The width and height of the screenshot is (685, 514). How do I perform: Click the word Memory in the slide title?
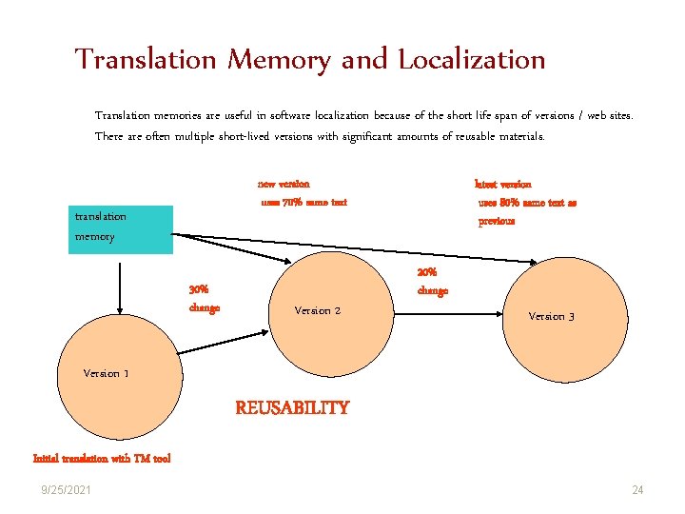pos(278,60)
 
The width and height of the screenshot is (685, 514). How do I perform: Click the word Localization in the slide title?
pos(471,60)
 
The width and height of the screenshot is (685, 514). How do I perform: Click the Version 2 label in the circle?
pos(318,310)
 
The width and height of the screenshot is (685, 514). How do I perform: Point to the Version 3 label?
pos(551,316)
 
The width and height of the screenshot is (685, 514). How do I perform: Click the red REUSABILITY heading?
pos(292,408)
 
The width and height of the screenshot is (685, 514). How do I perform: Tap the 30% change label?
pos(204,298)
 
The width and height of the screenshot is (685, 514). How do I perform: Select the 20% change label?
pos(432,282)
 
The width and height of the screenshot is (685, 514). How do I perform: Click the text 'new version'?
pos(284,184)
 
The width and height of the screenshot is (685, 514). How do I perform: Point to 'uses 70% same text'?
pos(304,202)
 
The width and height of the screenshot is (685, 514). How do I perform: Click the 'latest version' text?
pos(502,184)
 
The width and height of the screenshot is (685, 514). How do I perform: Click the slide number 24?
pos(637,490)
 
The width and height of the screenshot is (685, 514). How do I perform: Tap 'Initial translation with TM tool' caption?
pos(102,459)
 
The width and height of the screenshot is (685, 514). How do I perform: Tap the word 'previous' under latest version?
pos(497,221)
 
